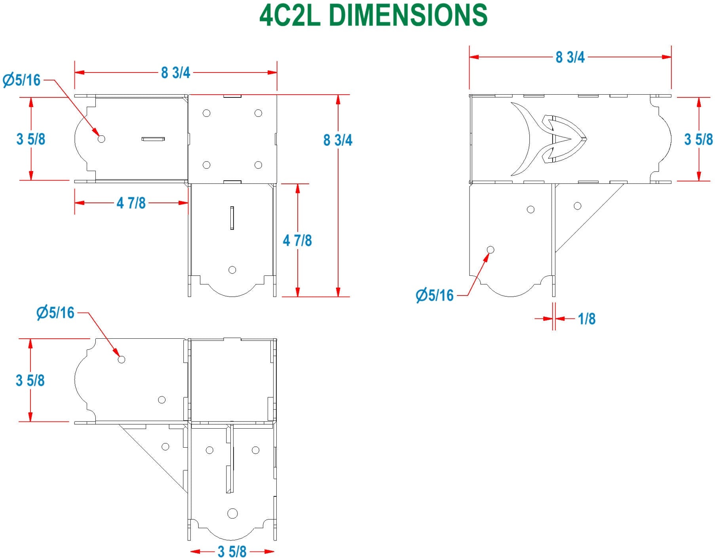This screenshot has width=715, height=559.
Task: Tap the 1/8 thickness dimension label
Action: click(x=586, y=319)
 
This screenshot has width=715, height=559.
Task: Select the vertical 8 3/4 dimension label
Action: click(x=338, y=140)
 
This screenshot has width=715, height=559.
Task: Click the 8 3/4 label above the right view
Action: click(x=570, y=57)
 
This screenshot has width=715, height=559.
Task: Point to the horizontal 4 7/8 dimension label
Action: click(x=131, y=203)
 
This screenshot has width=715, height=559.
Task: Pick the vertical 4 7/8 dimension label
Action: click(x=297, y=240)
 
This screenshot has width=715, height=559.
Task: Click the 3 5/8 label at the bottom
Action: click(x=232, y=551)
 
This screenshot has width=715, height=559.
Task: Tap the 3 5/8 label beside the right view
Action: click(x=698, y=139)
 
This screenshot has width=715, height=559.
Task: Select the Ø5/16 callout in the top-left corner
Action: click(x=22, y=80)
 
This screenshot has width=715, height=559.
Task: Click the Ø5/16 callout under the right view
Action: click(x=435, y=295)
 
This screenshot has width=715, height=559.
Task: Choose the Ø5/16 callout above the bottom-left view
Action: click(x=55, y=313)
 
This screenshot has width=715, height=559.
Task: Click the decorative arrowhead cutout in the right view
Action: click(x=564, y=139)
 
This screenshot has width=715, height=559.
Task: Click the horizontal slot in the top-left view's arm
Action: click(x=153, y=139)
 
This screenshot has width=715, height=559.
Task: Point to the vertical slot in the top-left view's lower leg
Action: click(x=232, y=218)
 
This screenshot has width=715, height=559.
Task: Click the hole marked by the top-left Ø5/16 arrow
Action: click(x=101, y=139)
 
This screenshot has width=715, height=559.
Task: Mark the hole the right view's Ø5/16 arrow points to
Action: click(x=491, y=250)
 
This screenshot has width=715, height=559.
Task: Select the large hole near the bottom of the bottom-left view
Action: click(x=232, y=513)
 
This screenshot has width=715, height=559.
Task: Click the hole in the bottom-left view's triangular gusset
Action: click(x=165, y=446)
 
